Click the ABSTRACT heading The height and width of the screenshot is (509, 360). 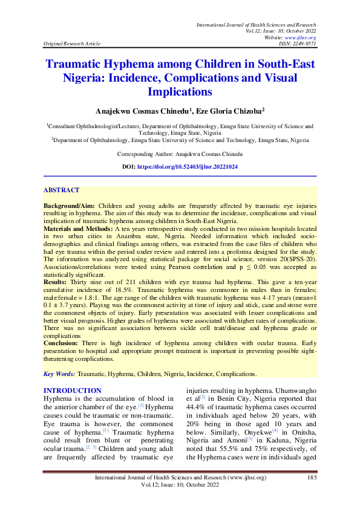pyautogui.click(x=61, y=190)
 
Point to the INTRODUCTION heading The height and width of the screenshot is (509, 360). pyautogui.click(x=73, y=391)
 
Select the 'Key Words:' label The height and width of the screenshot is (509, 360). pyautogui.click(x=59, y=374)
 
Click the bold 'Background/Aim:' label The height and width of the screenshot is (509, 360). pyautogui.click(x=69, y=206)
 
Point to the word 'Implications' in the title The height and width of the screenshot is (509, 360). pyautogui.click(x=180, y=91)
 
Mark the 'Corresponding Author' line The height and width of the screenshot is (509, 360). pyautogui.click(x=180, y=154)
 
